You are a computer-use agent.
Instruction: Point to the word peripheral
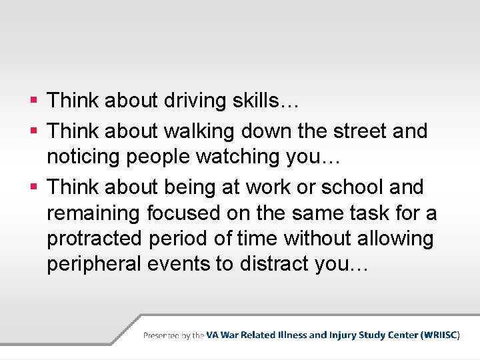point(97,265)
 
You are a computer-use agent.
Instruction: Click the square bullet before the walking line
point(33,132)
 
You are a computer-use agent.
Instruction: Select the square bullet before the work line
point(33,188)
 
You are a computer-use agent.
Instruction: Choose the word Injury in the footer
point(345,335)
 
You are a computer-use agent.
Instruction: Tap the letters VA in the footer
point(213,335)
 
